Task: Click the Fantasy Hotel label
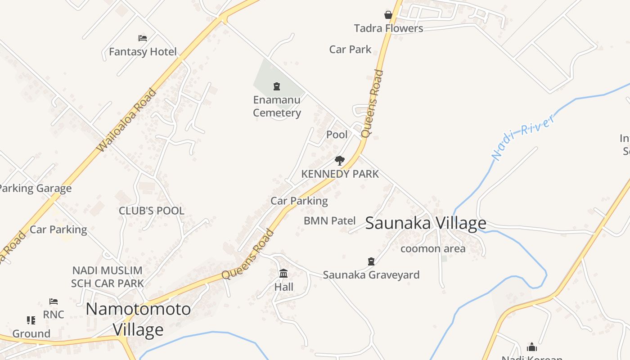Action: (143, 52)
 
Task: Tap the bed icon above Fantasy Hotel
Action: (143, 38)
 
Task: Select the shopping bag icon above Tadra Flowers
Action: (388, 15)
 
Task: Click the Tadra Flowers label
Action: (388, 28)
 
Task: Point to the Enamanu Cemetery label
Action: (277, 107)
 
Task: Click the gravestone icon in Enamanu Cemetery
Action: (277, 86)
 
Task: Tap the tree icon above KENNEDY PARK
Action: (340, 161)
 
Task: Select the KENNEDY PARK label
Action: (340, 174)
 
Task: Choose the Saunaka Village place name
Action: (425, 223)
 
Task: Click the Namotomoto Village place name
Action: (138, 319)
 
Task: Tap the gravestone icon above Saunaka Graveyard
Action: (371, 261)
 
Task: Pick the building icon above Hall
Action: (283, 273)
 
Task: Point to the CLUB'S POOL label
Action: (151, 211)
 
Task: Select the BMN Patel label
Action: (329, 221)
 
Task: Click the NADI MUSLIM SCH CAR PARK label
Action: (107, 277)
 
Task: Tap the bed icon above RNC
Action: (54, 301)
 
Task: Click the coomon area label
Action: (433, 248)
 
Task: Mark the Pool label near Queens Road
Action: (337, 135)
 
